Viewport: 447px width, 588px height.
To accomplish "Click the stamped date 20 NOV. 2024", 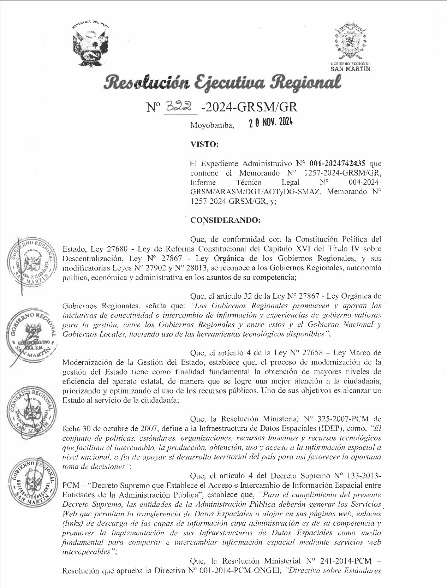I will pyautogui.click(x=270, y=123).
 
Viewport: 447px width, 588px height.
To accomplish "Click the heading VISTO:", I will pyautogui.click(x=204, y=144).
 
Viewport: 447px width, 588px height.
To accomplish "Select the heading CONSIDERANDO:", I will pyautogui.click(x=225, y=220).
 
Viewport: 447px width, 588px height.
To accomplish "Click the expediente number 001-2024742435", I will pyautogui.click(x=339, y=164).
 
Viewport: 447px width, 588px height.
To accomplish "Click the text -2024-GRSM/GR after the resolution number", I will pyautogui.click(x=249, y=107).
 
